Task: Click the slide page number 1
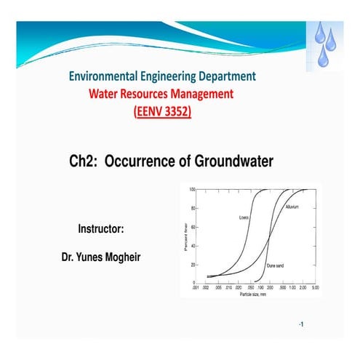pyautogui.click(x=300, y=323)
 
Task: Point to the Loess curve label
pyautogui.click(x=244, y=217)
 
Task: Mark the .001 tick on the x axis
pyautogui.click(x=196, y=288)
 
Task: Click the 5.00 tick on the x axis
pyautogui.click(x=316, y=288)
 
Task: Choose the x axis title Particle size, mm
pyautogui.click(x=255, y=294)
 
